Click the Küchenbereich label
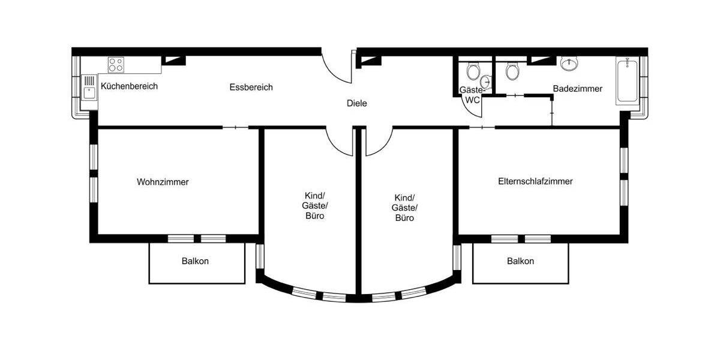point(129,86)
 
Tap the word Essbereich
point(251,88)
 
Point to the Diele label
point(356,103)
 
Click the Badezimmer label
point(577,89)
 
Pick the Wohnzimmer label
point(163,182)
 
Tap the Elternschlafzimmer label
point(535,181)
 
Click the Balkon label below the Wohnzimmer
point(195,262)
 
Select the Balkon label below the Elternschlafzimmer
point(520,262)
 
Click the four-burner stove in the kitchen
point(116,64)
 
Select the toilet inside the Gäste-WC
point(473,71)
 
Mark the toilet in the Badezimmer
point(512,71)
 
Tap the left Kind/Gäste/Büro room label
point(314,206)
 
